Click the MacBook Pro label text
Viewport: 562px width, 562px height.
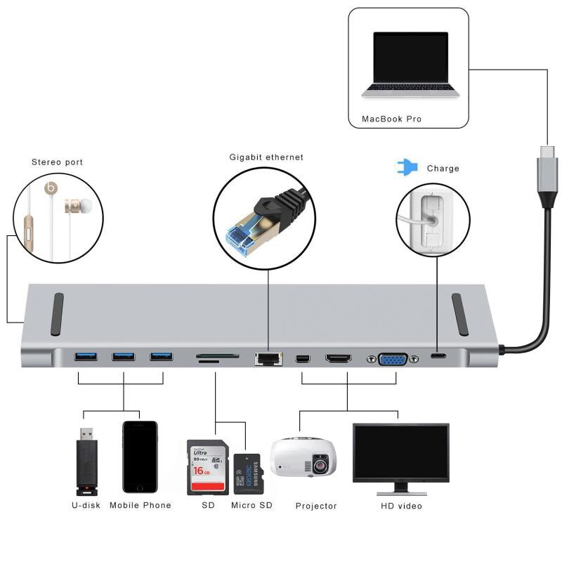[x=391, y=119]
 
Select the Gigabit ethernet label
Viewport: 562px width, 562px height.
[x=266, y=157]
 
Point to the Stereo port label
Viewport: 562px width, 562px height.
[x=57, y=162]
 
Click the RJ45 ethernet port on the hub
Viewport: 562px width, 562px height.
[x=268, y=359]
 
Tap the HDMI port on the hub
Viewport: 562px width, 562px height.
[x=338, y=359]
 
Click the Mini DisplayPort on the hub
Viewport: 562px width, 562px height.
[x=303, y=359]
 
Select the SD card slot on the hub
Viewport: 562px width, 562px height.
[x=216, y=357]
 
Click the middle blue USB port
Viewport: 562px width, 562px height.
[x=123, y=356]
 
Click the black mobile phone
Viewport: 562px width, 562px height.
[x=140, y=457]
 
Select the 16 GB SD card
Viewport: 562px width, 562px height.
[x=207, y=467]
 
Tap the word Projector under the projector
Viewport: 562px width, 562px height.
[x=316, y=506]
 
